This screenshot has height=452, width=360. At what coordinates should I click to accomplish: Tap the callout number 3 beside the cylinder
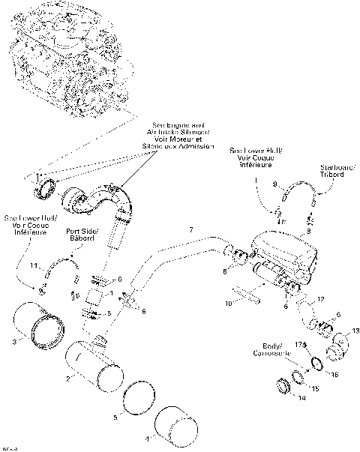point(14,342)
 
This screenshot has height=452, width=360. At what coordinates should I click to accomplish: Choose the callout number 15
point(314,388)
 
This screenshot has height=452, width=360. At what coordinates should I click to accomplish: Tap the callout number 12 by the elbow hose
point(321,299)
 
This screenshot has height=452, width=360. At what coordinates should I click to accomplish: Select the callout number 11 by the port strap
point(33,265)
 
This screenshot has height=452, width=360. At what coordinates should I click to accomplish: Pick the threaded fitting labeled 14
point(284,387)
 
